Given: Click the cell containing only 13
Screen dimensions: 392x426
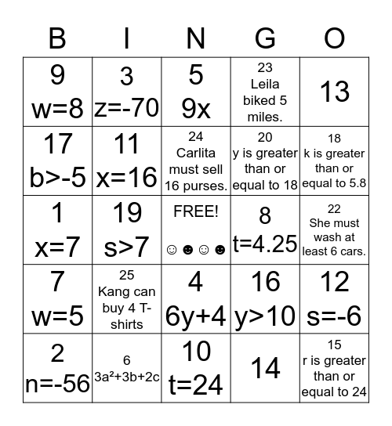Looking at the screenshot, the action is point(335,92).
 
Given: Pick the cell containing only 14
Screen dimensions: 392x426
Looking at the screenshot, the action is point(266,367).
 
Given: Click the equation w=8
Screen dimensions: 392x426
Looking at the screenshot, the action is point(57,108).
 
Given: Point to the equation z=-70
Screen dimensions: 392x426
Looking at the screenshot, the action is point(127,108).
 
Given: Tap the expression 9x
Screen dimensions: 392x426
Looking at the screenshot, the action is point(196,108).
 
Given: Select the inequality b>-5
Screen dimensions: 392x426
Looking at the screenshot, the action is point(57,177).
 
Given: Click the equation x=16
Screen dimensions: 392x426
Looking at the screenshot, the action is point(127,177).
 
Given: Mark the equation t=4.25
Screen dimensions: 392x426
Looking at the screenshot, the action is point(266,246).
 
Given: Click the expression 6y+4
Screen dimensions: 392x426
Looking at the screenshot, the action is point(196,316).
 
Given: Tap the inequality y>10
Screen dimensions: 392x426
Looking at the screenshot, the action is point(266,316).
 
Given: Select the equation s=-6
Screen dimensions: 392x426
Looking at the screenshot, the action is point(335,316).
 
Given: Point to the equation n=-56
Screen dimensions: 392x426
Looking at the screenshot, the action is point(57,384).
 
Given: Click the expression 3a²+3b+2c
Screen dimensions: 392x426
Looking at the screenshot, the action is point(127,377).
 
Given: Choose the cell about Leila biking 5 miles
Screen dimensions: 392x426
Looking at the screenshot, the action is point(266,92).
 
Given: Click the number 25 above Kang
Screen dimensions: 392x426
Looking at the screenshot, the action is point(127,276).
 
